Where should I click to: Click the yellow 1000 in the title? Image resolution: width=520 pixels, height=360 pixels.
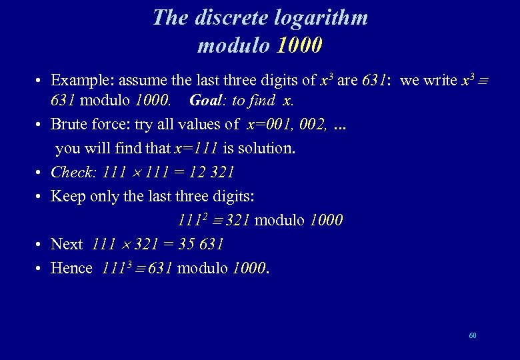299,45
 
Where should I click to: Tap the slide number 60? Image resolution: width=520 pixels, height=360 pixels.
473,335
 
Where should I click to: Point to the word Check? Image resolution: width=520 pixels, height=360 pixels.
73,172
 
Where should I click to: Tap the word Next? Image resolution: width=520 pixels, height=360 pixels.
67,244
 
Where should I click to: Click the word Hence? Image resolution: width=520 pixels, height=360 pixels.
71,268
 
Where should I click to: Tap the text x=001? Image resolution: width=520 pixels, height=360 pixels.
270,124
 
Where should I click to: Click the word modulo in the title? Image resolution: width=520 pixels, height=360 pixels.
233,45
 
